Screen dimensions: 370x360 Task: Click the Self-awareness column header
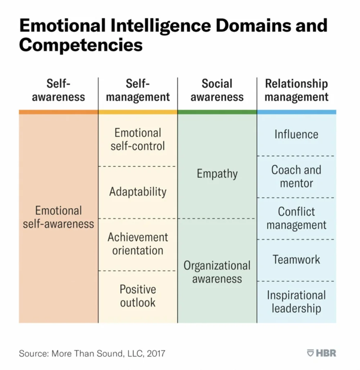58,90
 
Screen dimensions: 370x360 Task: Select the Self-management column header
138,90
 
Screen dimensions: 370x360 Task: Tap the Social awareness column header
217,90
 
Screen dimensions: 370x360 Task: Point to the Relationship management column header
297,90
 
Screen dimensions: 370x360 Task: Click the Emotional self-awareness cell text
58,217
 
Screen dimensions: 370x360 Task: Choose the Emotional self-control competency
138,139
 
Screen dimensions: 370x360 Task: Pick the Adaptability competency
138,191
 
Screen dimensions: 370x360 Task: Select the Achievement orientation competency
138,244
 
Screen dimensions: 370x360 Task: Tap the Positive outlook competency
138,296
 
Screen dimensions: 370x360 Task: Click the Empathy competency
217,174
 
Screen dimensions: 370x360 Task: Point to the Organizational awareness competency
217,272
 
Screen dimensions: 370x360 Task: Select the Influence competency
297,134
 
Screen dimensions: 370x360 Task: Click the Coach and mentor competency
297,176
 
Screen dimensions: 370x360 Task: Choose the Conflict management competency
297,218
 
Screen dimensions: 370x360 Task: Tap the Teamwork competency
297,260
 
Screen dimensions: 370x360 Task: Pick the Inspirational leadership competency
297,302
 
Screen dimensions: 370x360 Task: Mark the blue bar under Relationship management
297,112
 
